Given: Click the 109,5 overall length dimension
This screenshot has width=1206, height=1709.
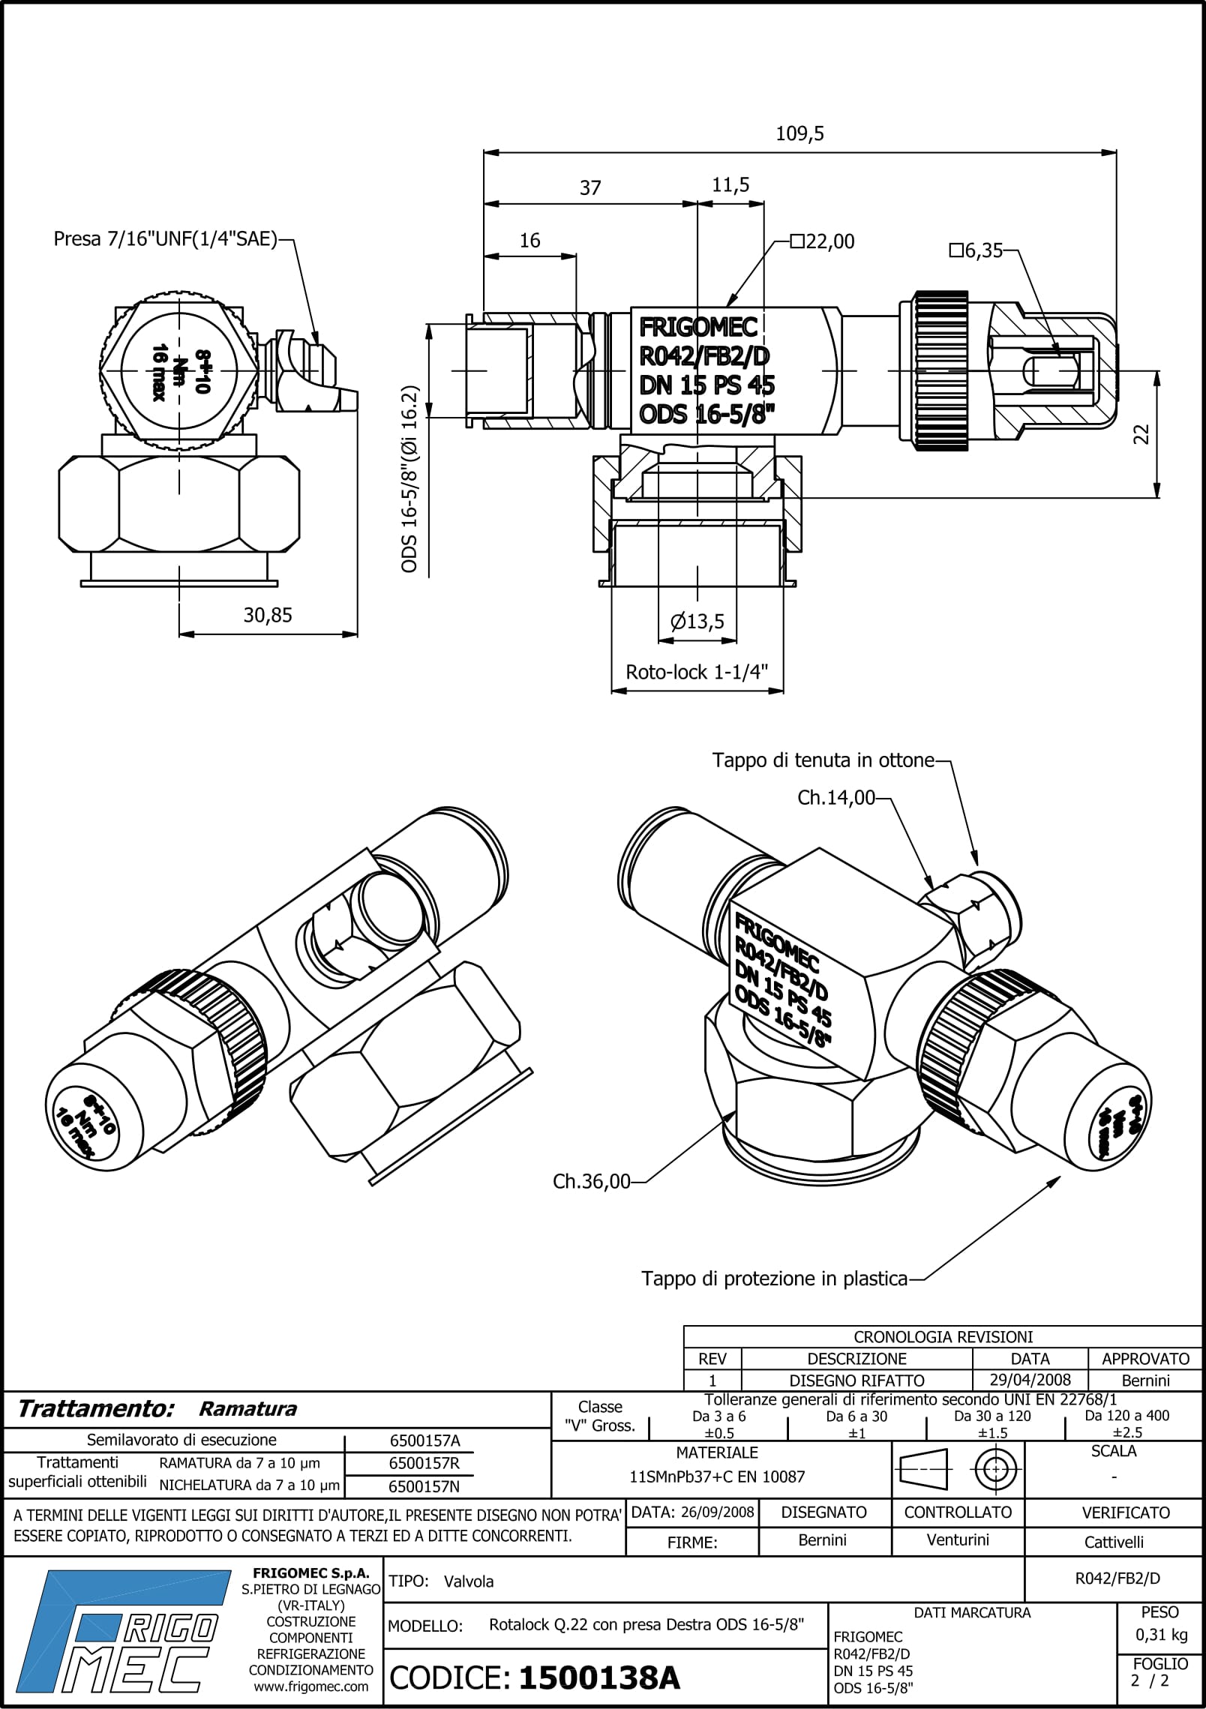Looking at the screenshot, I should click(799, 133).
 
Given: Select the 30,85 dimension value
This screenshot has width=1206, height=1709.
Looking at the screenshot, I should click(268, 615).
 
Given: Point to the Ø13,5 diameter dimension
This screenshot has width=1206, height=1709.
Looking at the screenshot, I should click(697, 621).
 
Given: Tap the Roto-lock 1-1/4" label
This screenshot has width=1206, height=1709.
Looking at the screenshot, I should click(697, 671).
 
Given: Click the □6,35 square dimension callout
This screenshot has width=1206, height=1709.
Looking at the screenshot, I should click(976, 250).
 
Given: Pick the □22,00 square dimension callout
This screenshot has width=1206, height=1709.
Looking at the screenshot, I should click(823, 241).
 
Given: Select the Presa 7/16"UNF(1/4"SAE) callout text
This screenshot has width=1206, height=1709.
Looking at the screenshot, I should click(165, 239).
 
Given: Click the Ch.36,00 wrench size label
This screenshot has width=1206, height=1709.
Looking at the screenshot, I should click(591, 1181).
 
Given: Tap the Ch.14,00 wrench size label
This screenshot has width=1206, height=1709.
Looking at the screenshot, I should click(836, 798).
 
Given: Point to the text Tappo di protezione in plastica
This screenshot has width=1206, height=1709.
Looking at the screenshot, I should click(774, 1278).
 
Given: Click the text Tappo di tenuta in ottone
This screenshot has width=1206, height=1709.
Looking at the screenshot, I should click(823, 760).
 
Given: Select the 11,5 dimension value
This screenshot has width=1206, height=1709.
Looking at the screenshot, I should click(730, 184).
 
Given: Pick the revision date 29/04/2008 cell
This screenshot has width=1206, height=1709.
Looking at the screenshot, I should click(1030, 1380).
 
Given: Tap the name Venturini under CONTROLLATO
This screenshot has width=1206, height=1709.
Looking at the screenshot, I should click(958, 1540).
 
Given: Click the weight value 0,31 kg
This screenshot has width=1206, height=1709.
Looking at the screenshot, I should click(1159, 1635).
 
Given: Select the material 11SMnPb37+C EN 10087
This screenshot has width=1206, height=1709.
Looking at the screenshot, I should click(717, 1477).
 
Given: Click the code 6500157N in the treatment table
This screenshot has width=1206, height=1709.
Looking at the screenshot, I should click(424, 1486).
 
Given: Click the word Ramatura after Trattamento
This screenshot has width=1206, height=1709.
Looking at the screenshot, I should click(247, 1408).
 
